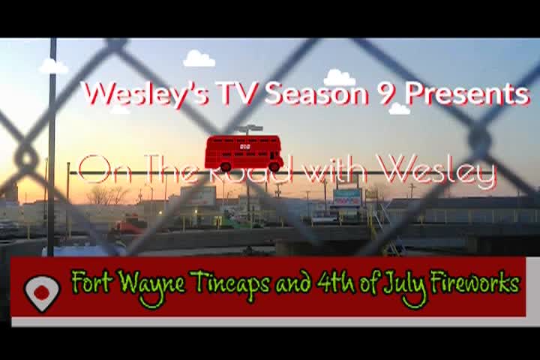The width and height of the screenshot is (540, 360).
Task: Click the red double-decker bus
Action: point(244,153)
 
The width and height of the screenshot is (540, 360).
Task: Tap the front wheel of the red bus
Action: point(274,167)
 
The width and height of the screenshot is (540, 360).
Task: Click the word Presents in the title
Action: point(466,94)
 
